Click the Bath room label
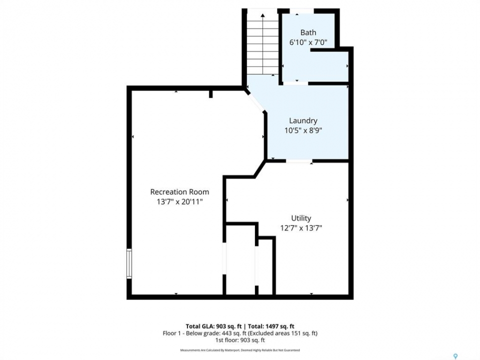click(308, 32)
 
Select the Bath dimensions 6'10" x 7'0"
click(308, 42)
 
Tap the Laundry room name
click(303, 120)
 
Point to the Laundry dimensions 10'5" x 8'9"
click(303, 130)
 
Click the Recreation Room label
click(179, 192)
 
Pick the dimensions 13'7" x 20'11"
click(179, 201)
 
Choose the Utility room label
click(301, 218)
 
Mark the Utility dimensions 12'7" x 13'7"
click(301, 228)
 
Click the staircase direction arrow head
click(262, 15)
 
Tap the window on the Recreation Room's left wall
click(129, 263)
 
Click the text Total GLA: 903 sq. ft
click(213, 326)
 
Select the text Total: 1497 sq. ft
click(271, 326)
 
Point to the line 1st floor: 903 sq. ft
click(240, 340)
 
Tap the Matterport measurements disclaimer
click(240, 350)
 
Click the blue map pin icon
click(455, 356)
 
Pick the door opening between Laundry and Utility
click(299, 160)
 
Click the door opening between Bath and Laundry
click(295, 83)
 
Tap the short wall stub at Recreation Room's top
click(210, 93)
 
